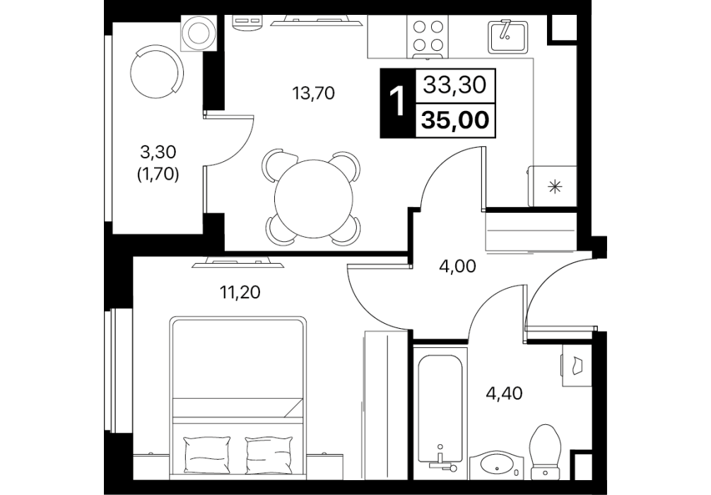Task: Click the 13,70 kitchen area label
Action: click(x=314, y=93)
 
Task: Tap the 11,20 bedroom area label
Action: click(x=240, y=293)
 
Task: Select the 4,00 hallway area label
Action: click(x=457, y=267)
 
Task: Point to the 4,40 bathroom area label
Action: click(x=504, y=393)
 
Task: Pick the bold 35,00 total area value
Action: click(x=456, y=120)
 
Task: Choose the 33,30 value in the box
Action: click(x=455, y=85)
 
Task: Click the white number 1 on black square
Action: click(x=397, y=103)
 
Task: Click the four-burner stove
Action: click(x=427, y=36)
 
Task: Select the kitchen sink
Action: click(x=507, y=35)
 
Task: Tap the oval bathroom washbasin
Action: click(x=496, y=463)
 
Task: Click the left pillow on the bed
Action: click(x=207, y=455)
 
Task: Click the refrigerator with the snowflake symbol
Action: click(x=552, y=187)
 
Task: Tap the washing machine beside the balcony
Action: click(x=198, y=33)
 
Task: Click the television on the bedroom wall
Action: click(x=237, y=262)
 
